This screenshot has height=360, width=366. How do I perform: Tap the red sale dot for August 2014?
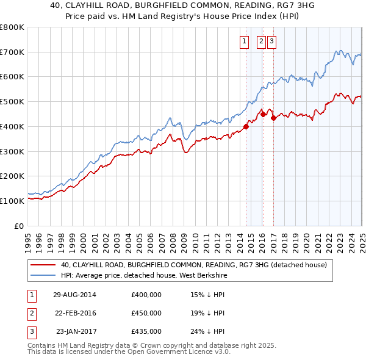click(x=246, y=127)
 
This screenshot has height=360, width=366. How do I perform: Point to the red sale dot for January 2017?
click(x=273, y=118)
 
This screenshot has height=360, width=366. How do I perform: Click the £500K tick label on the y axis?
click(x=12, y=102)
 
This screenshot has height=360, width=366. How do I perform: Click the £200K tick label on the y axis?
click(x=12, y=176)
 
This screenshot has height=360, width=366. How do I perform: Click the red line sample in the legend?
click(x=43, y=265)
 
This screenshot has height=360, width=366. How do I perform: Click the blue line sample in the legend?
click(x=43, y=275)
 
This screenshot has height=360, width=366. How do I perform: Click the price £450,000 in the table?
click(x=146, y=313)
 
